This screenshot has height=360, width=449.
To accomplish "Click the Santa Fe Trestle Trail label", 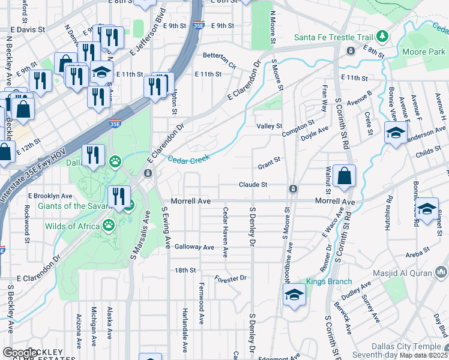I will click(x=333, y=37).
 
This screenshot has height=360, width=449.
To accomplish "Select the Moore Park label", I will click(x=427, y=52).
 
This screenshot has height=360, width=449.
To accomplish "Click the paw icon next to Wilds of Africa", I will click(x=109, y=226).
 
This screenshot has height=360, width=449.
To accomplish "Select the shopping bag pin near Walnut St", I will click(x=345, y=176).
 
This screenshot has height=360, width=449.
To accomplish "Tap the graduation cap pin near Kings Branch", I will click(x=294, y=295).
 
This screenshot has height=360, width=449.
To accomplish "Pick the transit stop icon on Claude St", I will click(x=293, y=189).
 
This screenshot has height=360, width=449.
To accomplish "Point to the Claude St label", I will click(x=253, y=185).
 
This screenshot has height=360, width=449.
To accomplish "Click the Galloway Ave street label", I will click(x=194, y=247).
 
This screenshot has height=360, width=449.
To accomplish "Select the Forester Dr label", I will click(x=231, y=278).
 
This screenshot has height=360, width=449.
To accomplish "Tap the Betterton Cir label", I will click(x=220, y=59).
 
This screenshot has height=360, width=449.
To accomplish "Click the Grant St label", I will click(x=269, y=162).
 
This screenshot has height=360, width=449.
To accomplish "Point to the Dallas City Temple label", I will click(x=406, y=346).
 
